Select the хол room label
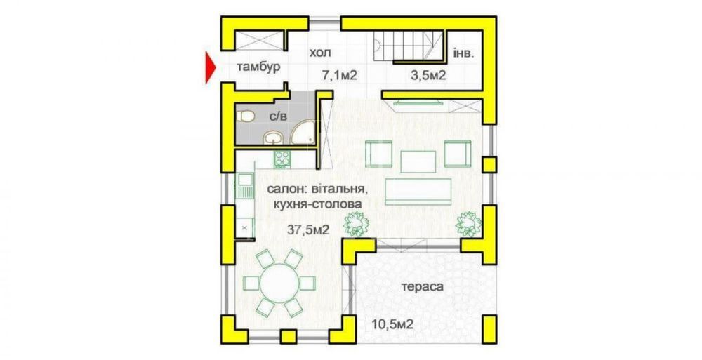319,53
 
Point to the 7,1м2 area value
340,75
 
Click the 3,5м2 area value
428,75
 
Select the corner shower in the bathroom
303,134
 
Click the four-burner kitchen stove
282,159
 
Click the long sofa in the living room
418,189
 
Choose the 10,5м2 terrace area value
392,324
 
